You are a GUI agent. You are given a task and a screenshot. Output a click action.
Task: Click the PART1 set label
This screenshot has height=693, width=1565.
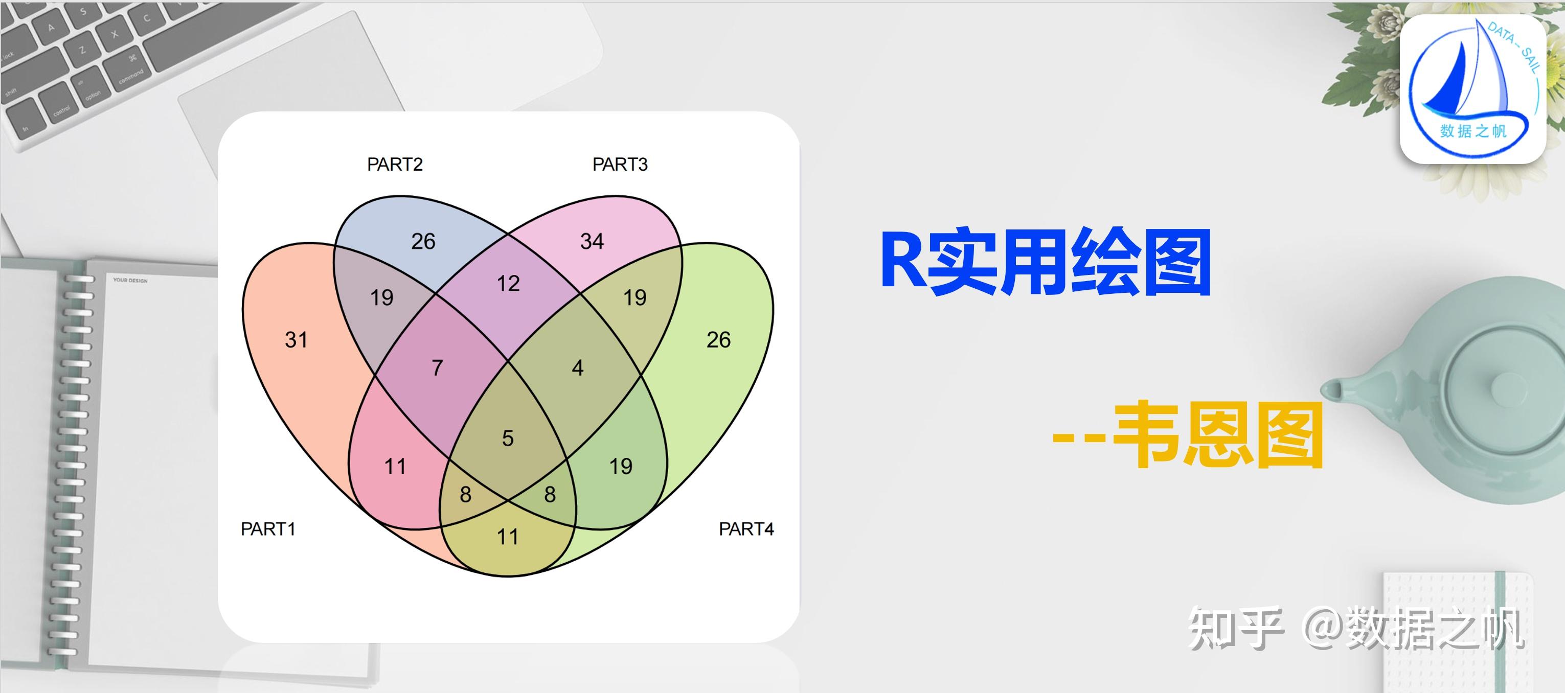point(268,529)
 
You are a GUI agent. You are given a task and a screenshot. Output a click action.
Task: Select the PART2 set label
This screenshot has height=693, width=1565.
point(395,165)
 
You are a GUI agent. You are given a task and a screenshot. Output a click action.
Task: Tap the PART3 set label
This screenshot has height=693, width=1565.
point(620,165)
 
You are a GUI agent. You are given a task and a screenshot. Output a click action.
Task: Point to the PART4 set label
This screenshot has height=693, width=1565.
point(746,529)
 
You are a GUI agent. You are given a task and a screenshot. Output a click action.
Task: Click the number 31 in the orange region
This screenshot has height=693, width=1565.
point(296,339)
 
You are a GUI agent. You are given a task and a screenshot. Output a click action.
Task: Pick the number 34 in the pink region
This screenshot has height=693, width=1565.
point(592,241)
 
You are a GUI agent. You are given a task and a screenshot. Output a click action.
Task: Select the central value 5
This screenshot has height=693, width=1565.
point(508,438)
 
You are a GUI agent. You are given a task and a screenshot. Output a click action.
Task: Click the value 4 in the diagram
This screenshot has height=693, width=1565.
point(578,367)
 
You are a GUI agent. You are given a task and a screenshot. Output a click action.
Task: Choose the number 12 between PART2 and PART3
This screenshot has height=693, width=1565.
point(508,284)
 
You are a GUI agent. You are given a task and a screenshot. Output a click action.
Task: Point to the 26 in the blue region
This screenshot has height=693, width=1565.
point(423,241)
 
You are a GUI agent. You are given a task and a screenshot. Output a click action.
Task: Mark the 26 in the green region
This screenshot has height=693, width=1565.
point(718,339)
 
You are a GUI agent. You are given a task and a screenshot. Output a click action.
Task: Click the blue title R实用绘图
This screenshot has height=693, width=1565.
point(1045,263)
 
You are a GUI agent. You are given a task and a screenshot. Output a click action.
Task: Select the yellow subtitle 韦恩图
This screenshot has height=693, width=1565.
point(1218,435)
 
